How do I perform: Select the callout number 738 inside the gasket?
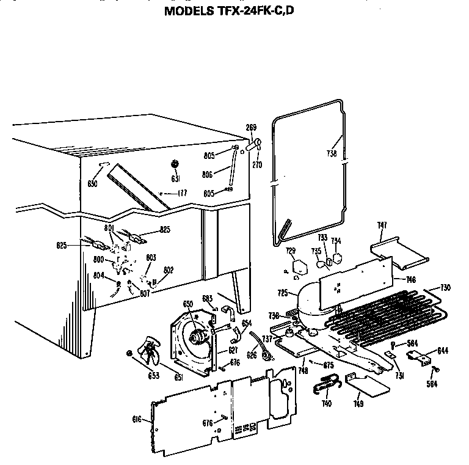332,154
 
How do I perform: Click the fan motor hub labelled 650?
197,335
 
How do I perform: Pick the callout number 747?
382,226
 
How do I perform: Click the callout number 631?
175,179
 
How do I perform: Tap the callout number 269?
251,127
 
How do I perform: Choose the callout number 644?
442,350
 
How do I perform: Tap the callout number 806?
207,175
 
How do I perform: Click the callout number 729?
291,251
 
